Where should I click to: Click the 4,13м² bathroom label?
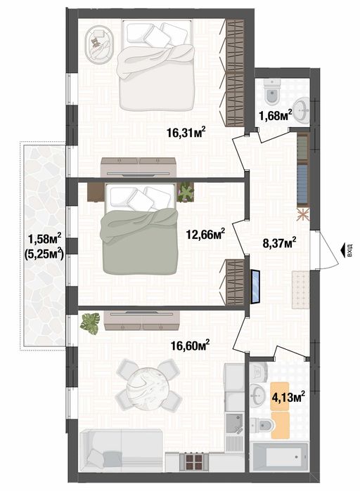pos(288,398)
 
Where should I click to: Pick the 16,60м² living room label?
pos(191,345)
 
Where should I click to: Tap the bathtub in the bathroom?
pos(279,459)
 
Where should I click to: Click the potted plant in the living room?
pos(89,324)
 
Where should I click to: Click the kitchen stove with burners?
pos(194,461)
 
